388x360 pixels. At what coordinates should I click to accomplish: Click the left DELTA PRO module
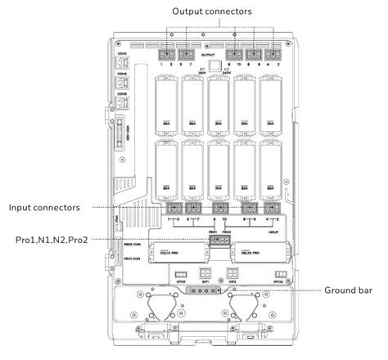166,253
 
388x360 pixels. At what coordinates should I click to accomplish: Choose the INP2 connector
232,274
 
